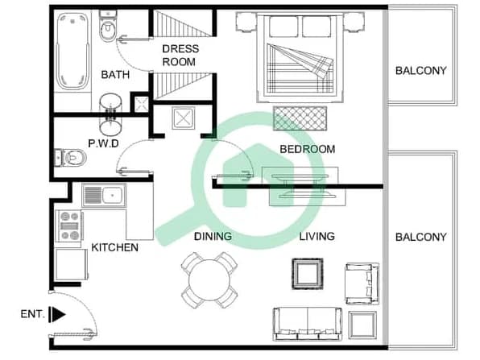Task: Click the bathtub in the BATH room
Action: point(72,51)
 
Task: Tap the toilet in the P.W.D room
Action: point(70,158)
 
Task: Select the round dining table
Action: point(209,279)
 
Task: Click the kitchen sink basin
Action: point(112,195)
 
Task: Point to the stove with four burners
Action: point(69,226)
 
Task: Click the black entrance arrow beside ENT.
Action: point(57,314)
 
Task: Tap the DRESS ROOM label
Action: point(180,55)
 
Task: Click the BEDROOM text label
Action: point(308,149)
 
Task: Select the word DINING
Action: point(213,236)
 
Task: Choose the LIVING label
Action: point(317,236)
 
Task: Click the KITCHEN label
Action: point(115,247)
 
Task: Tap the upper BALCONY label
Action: point(421,71)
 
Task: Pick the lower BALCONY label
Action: point(421,237)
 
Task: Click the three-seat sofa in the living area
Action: point(308,325)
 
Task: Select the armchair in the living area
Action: point(362,283)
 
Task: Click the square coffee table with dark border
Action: point(308,274)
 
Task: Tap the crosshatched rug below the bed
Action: point(300,118)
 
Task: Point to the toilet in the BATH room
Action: point(107,26)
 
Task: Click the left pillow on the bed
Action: point(283,27)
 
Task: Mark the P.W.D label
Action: point(103,143)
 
